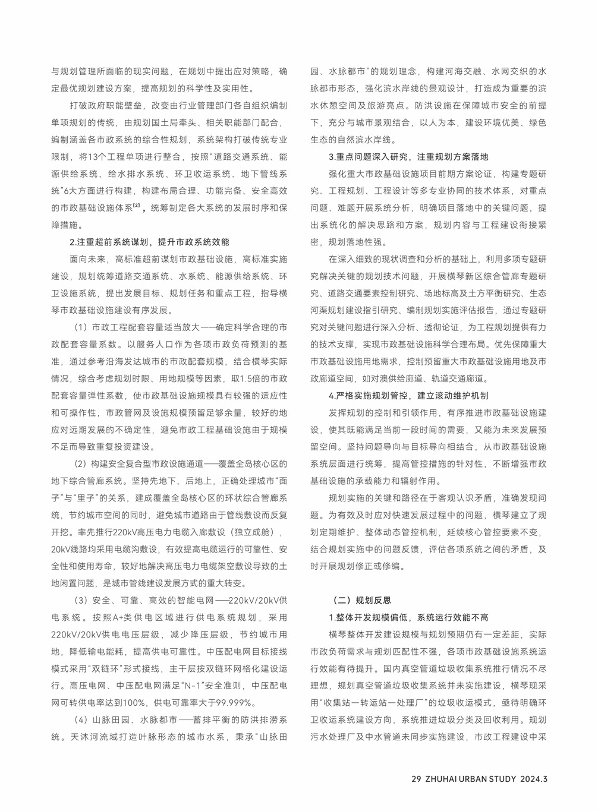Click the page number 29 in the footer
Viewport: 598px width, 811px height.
(x=416, y=778)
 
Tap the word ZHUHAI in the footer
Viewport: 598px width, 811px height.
(x=441, y=778)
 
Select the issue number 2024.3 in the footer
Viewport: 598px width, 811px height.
(x=535, y=778)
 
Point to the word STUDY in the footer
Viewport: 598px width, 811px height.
(x=501, y=778)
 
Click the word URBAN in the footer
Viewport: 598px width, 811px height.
(x=472, y=778)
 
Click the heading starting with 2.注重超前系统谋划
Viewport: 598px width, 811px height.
(x=149, y=242)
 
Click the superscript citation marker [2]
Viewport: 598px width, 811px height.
(x=137, y=206)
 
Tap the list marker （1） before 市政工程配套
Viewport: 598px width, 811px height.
(x=81, y=327)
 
